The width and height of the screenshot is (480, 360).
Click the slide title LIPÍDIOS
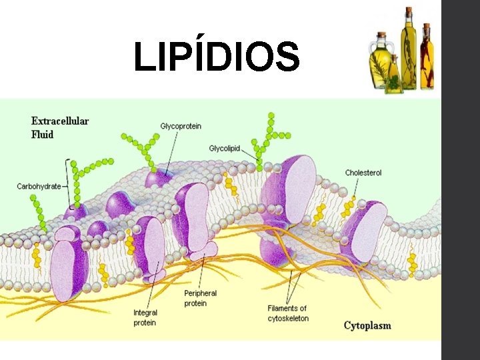click(x=217, y=57)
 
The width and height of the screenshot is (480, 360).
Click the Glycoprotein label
click(x=181, y=126)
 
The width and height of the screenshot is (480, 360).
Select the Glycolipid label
click(x=225, y=148)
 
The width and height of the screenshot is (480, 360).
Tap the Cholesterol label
click(x=363, y=173)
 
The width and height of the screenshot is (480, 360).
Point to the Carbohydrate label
click(x=39, y=187)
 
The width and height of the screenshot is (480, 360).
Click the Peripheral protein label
click(x=200, y=298)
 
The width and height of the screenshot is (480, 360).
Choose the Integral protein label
click(x=145, y=317)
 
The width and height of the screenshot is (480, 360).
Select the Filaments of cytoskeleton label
click(x=288, y=313)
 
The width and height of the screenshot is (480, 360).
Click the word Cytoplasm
click(x=367, y=325)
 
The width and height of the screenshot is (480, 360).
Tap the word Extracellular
click(x=60, y=121)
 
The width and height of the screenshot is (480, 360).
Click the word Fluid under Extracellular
click(x=43, y=134)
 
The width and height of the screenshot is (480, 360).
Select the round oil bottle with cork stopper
click(x=381, y=63)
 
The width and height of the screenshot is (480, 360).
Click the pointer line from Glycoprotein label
click(x=172, y=150)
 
